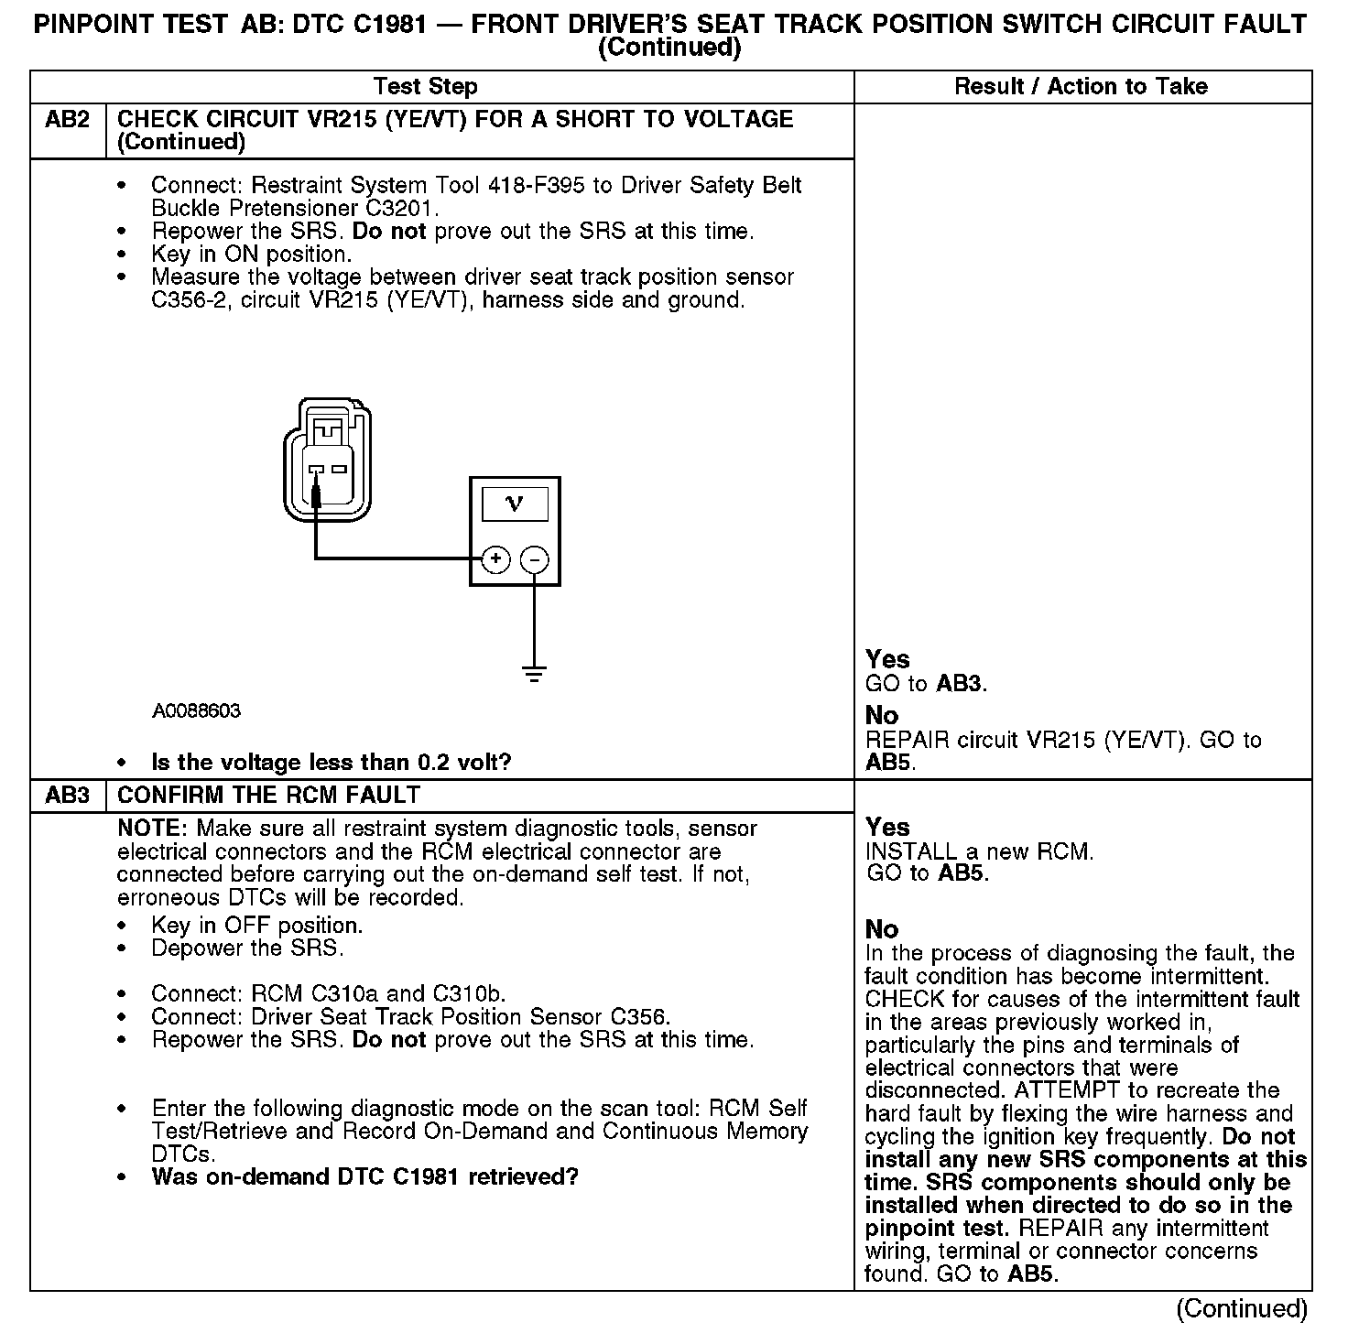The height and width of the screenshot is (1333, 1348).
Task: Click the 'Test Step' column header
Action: pyautogui.click(x=425, y=87)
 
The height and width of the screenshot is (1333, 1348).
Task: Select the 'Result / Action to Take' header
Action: pyautogui.click(x=1081, y=87)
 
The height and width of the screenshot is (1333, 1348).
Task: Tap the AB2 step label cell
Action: pyautogui.click(x=68, y=120)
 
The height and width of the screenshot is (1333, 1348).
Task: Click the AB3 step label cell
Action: pyautogui.click(x=68, y=796)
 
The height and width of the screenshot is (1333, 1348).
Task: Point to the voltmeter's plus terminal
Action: pyautogui.click(x=495, y=558)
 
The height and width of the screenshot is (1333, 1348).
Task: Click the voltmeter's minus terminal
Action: pyautogui.click(x=535, y=558)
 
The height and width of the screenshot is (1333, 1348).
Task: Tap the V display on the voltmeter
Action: pyautogui.click(x=515, y=504)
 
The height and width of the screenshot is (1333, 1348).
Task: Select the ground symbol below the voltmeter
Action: pyautogui.click(x=535, y=675)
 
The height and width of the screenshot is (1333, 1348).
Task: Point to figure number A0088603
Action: pyautogui.click(x=196, y=711)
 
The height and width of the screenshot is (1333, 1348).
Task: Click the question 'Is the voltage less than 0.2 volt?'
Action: pyautogui.click(x=331, y=763)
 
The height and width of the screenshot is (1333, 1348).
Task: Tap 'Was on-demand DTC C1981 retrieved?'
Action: pyautogui.click(x=364, y=1176)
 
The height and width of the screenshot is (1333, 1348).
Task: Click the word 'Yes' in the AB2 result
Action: pyautogui.click(x=887, y=659)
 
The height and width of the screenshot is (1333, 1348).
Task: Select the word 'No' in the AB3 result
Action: pyautogui.click(x=882, y=929)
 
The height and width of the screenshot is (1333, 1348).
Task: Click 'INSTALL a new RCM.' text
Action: pyautogui.click(x=979, y=851)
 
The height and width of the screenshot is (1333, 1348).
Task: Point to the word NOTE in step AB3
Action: pyautogui.click(x=152, y=829)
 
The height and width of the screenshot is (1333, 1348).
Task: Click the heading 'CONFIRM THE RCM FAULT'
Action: pyautogui.click(x=268, y=796)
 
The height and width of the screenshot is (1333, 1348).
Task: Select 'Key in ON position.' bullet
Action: pyautogui.click(x=251, y=255)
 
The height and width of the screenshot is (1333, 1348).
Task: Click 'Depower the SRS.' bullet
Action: pyautogui.click(x=247, y=948)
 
